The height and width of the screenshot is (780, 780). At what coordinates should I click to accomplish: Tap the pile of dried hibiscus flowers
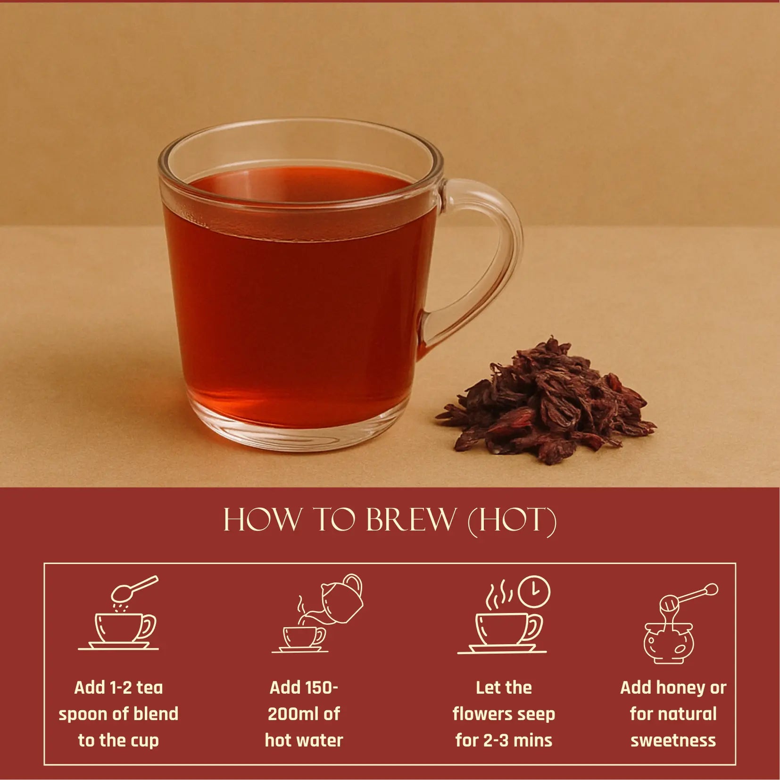(x=547, y=406)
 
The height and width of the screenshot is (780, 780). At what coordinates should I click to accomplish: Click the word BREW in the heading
(x=410, y=520)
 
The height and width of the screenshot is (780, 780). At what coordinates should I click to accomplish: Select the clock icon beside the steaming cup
(x=534, y=591)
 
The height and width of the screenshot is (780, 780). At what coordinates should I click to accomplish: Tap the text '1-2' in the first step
(x=119, y=688)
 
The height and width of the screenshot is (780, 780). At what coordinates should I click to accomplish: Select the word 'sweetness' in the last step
(x=673, y=740)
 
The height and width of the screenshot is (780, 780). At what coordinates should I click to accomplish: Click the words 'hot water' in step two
(x=304, y=740)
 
